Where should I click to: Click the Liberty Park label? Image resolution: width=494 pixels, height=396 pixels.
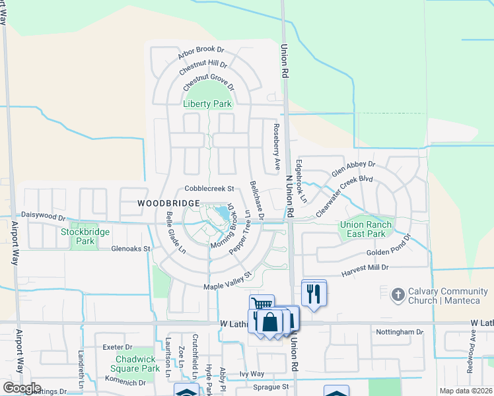pos(207,104)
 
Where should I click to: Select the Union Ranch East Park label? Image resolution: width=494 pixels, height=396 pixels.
pos(365,229)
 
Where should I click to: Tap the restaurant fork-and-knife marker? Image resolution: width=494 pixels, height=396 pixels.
pos(314,292)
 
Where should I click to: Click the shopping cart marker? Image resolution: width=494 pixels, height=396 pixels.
pos(262,306)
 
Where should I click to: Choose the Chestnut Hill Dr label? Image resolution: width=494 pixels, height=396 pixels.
pos(203,68)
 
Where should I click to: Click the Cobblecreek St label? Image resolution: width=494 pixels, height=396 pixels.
pos(209,188)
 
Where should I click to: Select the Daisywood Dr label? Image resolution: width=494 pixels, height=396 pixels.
pos(44,216)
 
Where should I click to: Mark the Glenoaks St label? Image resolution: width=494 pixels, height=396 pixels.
pos(131,249)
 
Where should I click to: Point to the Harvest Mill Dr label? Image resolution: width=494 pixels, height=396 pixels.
pos(365,268)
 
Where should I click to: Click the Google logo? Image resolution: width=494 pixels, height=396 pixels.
pos(22,388)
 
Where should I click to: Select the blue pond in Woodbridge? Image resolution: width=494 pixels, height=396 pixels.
pos(220,214)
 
